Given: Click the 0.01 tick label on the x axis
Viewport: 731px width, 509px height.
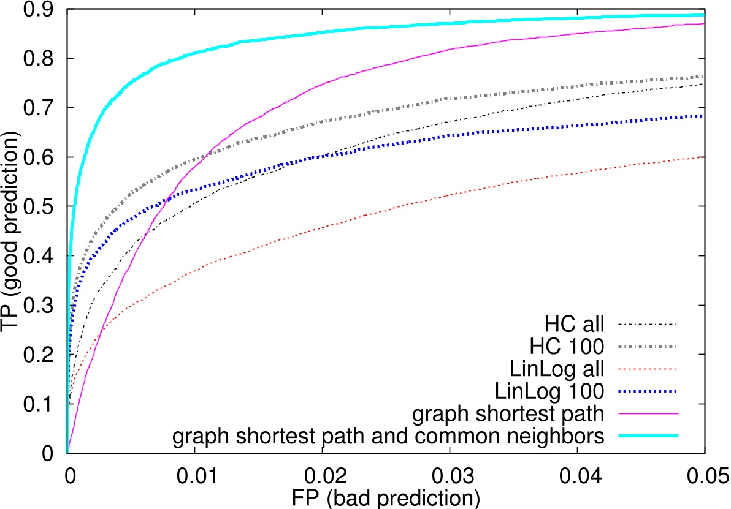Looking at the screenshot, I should point(194,473).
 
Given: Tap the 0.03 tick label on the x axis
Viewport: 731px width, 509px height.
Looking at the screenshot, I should point(450,473).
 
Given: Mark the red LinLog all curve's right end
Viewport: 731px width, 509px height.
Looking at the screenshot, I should point(703,157).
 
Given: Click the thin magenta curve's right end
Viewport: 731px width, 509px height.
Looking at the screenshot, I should point(703,23).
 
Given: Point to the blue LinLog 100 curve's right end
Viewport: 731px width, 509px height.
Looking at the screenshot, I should point(703,116).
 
